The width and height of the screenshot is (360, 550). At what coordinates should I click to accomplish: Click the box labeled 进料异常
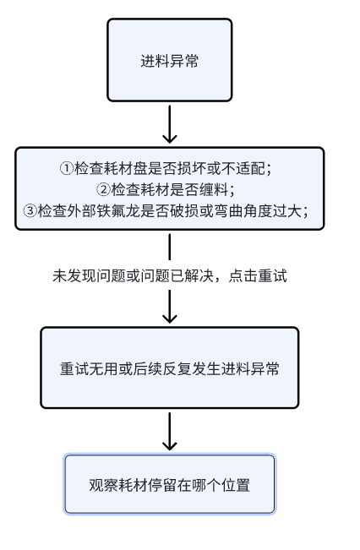170,60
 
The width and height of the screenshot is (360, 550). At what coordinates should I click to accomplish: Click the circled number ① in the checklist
66,168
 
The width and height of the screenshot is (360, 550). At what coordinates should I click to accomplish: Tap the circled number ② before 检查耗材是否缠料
103,190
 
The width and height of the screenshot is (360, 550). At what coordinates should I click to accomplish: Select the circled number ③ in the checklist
30,211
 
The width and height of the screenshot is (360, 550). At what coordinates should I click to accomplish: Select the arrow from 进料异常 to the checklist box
170,124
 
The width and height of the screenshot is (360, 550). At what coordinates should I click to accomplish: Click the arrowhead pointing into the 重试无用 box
170,319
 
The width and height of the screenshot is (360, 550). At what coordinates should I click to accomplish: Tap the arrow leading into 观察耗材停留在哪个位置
170,432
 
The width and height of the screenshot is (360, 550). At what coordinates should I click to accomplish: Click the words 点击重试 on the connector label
258,275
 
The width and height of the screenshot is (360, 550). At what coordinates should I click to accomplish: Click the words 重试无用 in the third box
89,368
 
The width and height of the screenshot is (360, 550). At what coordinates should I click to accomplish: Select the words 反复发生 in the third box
192,368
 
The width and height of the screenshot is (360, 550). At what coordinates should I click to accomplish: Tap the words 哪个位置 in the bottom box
221,485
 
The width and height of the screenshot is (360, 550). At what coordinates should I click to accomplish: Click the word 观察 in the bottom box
104,485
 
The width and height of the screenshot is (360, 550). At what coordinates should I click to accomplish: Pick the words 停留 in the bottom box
162,485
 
